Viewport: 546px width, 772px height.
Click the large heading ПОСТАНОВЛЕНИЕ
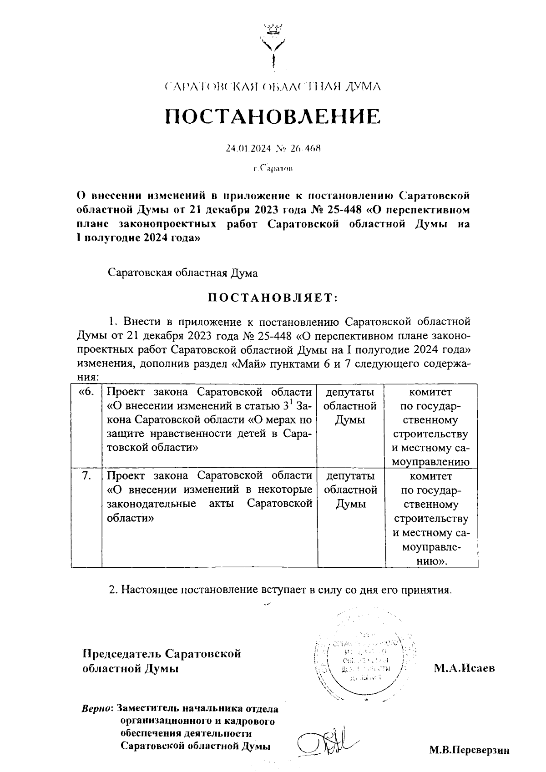click(x=272, y=117)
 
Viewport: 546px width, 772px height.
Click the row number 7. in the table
click(x=86, y=476)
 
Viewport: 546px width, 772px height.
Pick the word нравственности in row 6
click(x=190, y=434)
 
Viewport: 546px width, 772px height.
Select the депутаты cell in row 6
click(x=350, y=406)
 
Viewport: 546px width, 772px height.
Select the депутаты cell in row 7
click(x=350, y=490)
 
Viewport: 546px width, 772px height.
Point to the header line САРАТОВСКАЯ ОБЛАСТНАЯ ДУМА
click(x=272, y=86)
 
